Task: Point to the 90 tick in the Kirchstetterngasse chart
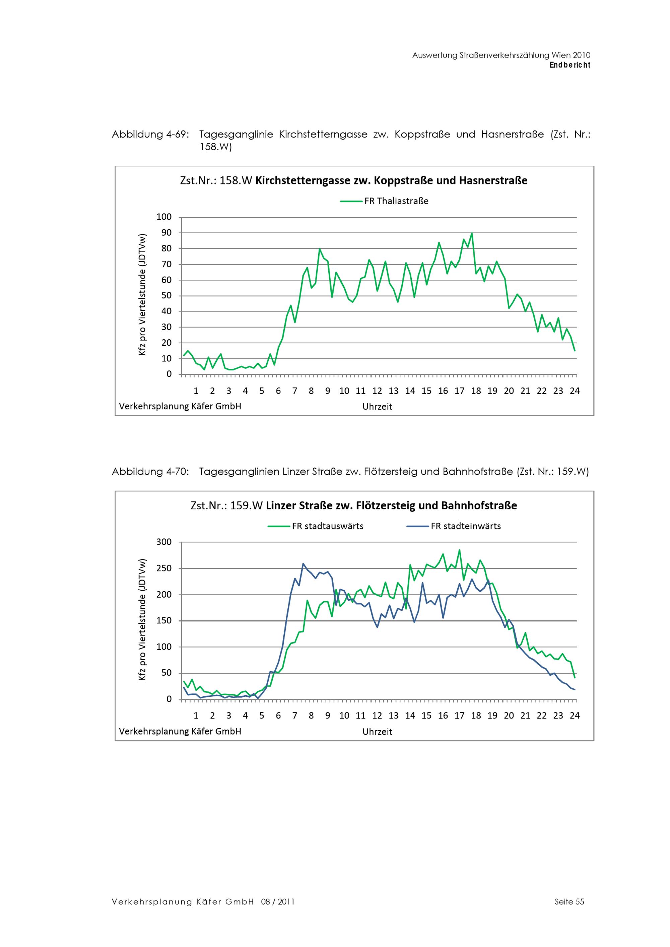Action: tap(166, 233)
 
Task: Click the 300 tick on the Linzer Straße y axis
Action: tap(164, 542)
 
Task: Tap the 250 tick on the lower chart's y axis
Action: tap(164, 568)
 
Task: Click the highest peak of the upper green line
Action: tap(472, 234)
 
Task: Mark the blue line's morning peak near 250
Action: tap(303, 564)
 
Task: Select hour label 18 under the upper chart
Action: tap(476, 391)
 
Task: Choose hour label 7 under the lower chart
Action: tap(295, 716)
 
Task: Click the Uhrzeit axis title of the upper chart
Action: tap(377, 407)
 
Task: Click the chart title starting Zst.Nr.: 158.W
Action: tap(353, 181)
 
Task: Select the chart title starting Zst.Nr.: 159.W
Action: tap(353, 506)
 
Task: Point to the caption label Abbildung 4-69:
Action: tap(151, 135)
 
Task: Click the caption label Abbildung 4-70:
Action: tap(151, 471)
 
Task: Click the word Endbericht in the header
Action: tap(570, 65)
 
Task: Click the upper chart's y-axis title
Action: tap(142, 294)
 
